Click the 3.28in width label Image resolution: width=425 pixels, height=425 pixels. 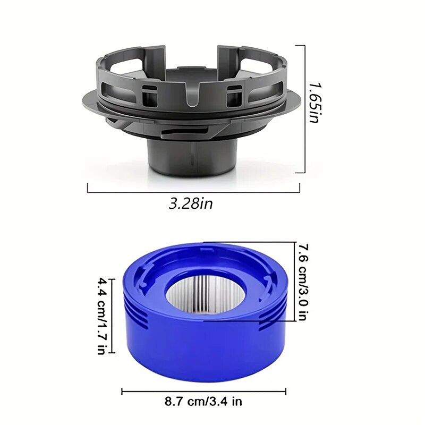click(191, 203)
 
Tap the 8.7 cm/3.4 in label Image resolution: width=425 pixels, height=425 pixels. click(203, 401)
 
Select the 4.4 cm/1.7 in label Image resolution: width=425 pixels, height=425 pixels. click(101, 316)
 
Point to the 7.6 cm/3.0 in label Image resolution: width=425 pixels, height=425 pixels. click(302, 282)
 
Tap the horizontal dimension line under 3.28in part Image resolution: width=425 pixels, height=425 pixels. click(193, 192)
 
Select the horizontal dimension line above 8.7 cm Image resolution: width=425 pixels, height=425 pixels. click(204, 392)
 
